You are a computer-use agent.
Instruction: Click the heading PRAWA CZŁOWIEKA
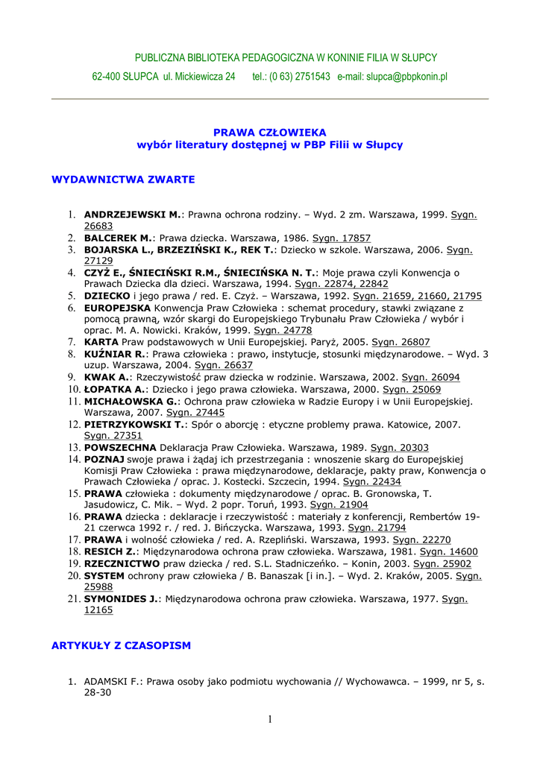tap(270, 132)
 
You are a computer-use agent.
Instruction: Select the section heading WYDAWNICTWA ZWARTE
tap(123, 180)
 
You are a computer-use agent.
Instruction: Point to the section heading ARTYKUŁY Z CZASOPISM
tap(121, 645)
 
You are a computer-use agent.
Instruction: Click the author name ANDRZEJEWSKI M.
tap(133, 215)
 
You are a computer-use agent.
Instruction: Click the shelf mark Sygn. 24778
tap(283, 330)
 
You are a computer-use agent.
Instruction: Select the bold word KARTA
tap(101, 342)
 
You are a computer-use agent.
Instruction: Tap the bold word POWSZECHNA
tap(120, 447)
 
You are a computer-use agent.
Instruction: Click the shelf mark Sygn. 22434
tap(371, 482)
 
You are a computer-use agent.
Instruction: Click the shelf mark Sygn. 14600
tap(449, 552)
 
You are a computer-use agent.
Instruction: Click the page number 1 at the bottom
tap(270, 719)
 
